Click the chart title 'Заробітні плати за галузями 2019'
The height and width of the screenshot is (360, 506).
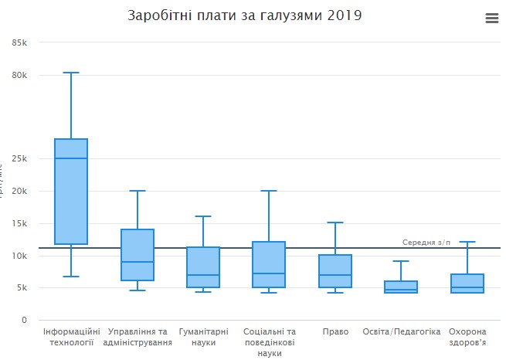(x=244, y=15)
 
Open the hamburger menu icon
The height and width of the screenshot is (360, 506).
(x=492, y=19)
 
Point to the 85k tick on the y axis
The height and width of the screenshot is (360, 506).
(x=20, y=42)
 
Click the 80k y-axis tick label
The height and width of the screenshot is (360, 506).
(x=20, y=75)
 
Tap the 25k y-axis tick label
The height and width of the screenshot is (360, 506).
(x=20, y=159)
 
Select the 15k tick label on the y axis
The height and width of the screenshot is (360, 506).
(x=20, y=223)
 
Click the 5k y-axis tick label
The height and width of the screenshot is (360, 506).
(x=22, y=288)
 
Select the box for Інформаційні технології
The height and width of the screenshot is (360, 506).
(x=71, y=191)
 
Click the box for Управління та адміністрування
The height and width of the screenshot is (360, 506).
(x=138, y=255)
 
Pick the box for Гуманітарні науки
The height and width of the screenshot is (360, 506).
(x=203, y=267)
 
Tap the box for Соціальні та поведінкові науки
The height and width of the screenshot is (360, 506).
(x=269, y=264)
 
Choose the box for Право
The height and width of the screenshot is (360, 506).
(x=335, y=271)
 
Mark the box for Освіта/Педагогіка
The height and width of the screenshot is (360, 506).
(x=401, y=287)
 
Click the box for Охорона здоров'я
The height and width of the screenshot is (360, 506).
(x=467, y=284)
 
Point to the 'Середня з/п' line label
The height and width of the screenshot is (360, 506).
(x=426, y=243)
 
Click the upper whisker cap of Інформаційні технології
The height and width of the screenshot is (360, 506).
(x=71, y=73)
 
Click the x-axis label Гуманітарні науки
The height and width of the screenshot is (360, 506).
(x=203, y=337)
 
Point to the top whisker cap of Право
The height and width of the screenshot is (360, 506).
(x=335, y=222)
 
